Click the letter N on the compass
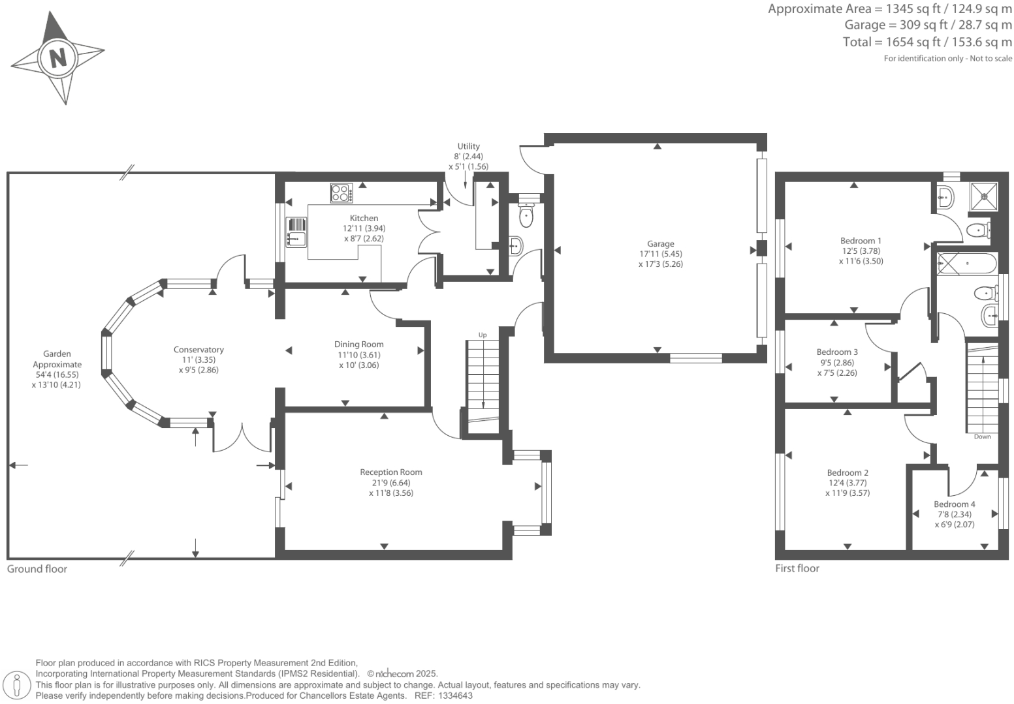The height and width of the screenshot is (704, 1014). click(58, 58)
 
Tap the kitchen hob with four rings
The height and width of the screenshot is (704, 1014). click(341, 193)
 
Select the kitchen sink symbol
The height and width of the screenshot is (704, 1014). click(296, 232)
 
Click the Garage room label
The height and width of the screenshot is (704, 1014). click(661, 244)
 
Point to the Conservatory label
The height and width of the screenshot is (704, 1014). click(198, 350)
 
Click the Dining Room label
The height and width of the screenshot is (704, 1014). click(358, 344)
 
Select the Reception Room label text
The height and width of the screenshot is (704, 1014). click(391, 472)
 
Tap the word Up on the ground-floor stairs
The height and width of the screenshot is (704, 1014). click(483, 335)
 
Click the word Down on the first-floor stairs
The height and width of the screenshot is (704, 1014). click(982, 436)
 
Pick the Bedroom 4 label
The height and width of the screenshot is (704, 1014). click(954, 504)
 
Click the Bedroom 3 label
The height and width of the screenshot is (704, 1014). click(837, 352)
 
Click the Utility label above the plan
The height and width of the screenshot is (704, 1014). click(468, 147)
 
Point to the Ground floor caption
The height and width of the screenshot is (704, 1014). click(37, 569)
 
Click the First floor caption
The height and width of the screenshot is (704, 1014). click(797, 568)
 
